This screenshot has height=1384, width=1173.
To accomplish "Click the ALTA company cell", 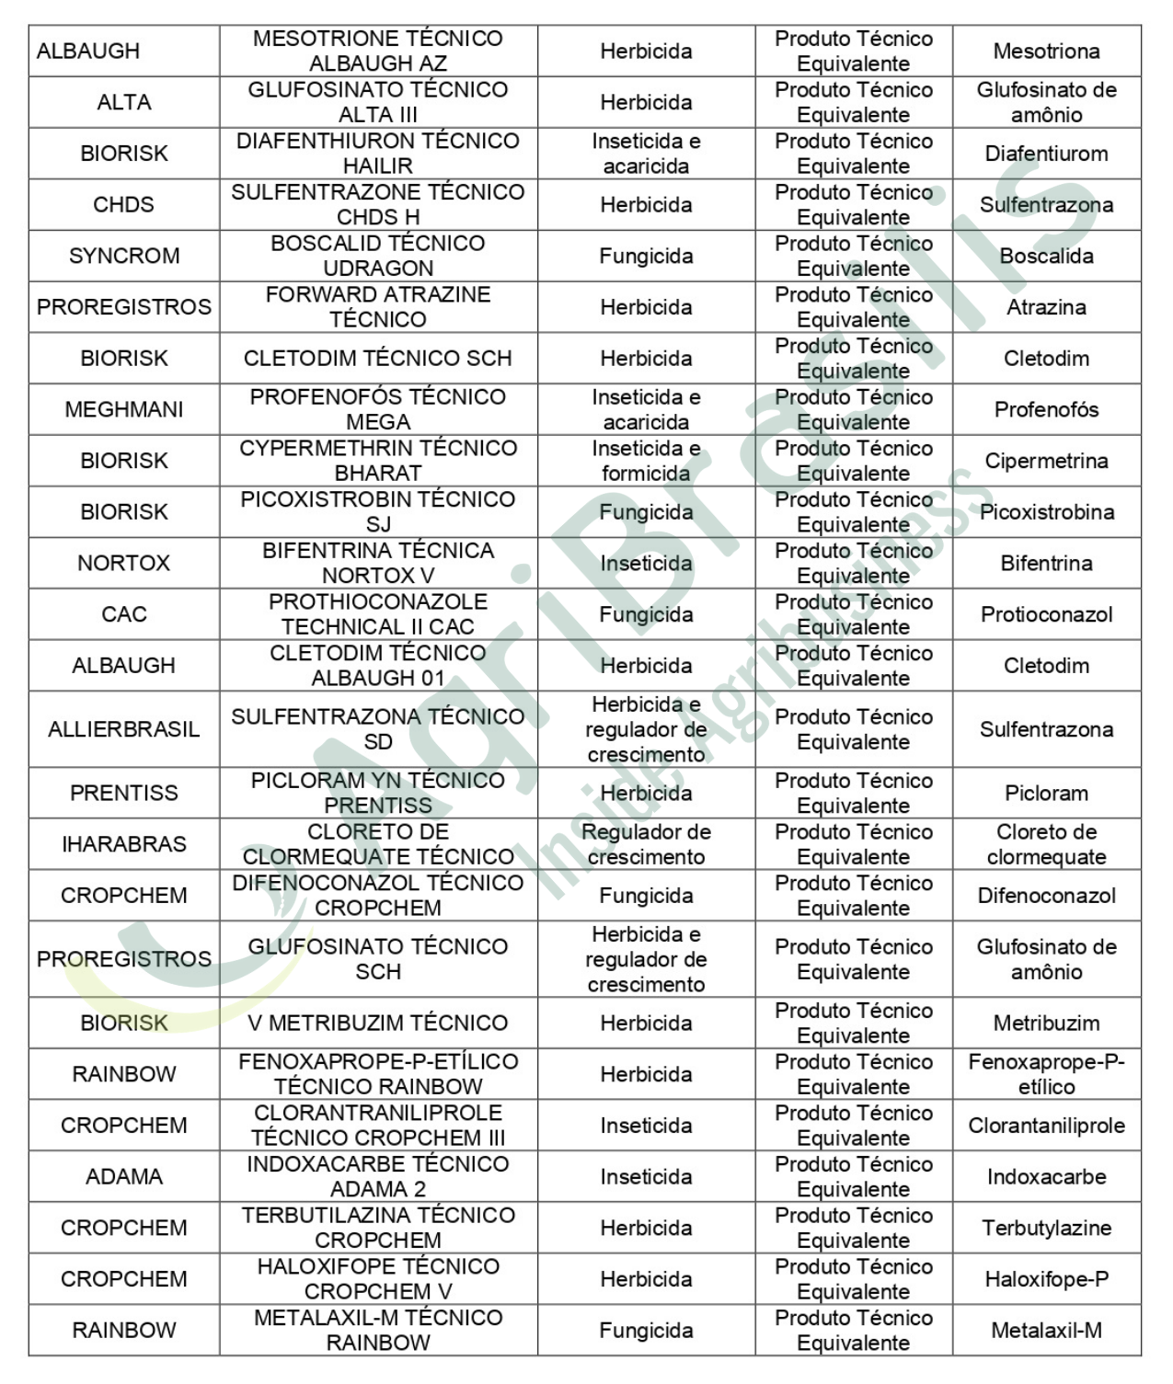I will (x=124, y=102).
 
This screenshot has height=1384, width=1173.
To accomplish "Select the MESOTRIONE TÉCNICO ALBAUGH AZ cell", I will (x=378, y=51).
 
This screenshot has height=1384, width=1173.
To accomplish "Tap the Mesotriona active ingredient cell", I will (x=1046, y=51).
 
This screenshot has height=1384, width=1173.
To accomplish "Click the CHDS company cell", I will (x=124, y=204).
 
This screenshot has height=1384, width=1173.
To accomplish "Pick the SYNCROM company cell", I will (x=124, y=256).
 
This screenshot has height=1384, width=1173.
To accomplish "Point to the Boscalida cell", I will (x=1046, y=256).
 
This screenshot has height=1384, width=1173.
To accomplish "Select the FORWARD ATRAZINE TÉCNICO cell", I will (x=378, y=306).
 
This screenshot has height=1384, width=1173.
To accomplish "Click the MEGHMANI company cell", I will (x=124, y=409).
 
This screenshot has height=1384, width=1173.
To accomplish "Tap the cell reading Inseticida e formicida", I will (x=646, y=461).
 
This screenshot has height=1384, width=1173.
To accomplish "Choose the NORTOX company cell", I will (x=124, y=563).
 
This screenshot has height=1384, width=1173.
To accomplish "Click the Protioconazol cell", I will (x=1046, y=614).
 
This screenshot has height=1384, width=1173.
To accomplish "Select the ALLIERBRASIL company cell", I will (x=124, y=729).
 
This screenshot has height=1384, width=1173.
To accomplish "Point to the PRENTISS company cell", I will (x=124, y=793).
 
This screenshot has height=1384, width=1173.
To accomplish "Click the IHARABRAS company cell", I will (x=124, y=844).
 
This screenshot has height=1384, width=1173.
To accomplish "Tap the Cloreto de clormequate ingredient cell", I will (x=1046, y=844).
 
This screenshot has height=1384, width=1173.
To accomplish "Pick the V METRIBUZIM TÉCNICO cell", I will (x=378, y=1023).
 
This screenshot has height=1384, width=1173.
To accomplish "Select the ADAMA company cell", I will (x=124, y=1176).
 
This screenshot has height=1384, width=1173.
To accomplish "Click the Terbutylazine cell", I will (x=1046, y=1228).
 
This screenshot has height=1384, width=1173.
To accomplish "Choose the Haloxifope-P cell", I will (x=1046, y=1279).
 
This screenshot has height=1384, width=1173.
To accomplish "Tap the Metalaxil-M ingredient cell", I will (x=1046, y=1330).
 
